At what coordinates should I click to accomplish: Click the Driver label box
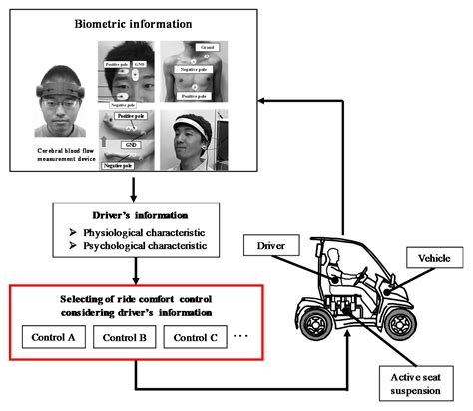click(x=278, y=243)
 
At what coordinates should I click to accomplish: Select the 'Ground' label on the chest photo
click(x=209, y=47)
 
